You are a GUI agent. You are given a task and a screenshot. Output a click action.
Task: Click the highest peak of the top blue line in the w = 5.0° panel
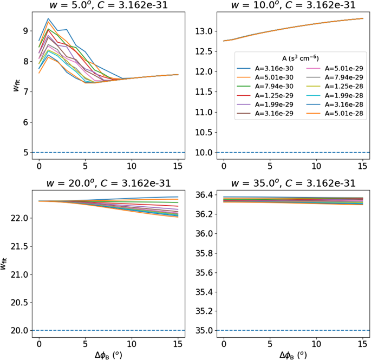(x=48, y=18)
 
